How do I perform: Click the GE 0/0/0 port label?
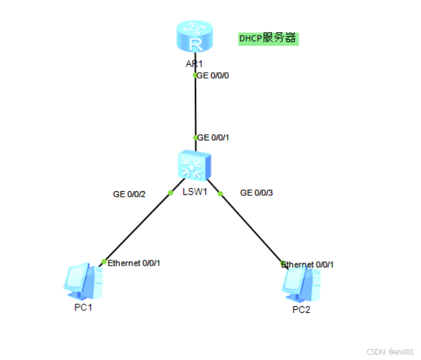tap(213, 76)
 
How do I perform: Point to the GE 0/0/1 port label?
tap(213, 137)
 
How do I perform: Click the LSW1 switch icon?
tap(195, 165)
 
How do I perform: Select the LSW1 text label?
tap(194, 192)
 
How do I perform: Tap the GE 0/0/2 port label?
tap(130, 194)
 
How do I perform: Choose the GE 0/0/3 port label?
tap(257, 193)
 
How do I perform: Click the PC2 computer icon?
tap(300, 285)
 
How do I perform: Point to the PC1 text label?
tap(83, 307)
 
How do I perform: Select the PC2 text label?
tap(301, 310)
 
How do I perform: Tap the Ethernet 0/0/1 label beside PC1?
tap(134, 263)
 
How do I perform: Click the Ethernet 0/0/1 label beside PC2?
tap(308, 264)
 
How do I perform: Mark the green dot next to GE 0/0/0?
tap(195, 76)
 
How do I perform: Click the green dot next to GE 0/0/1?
tap(195, 137)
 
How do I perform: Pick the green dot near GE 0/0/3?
tap(220, 194)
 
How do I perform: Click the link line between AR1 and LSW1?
tap(195, 106)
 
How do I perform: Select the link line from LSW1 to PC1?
tap(137, 227)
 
